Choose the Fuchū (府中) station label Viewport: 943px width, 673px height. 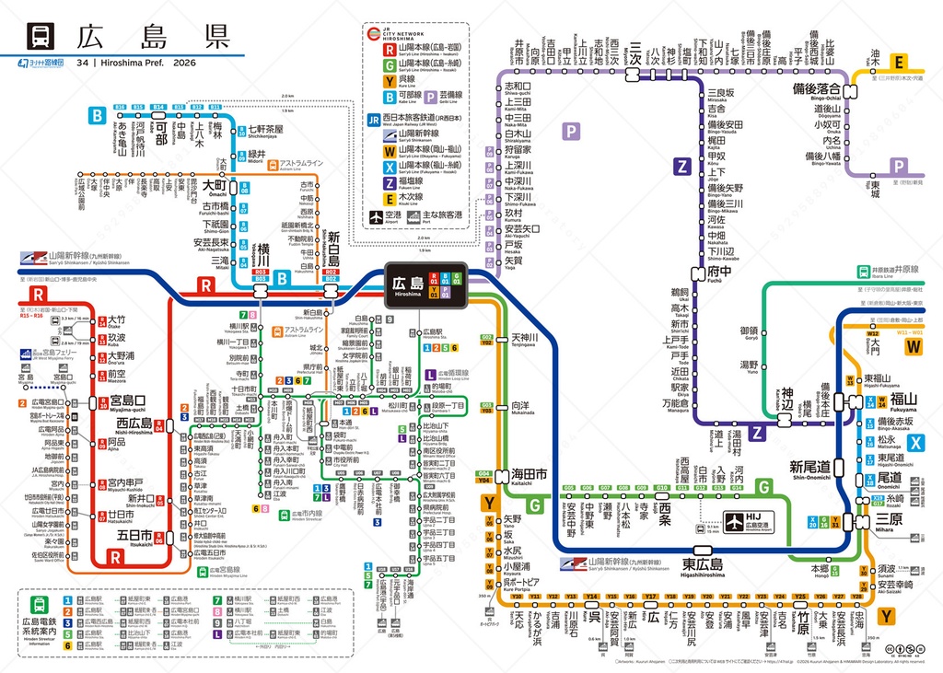[719, 273]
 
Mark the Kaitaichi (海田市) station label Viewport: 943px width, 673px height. [529, 473]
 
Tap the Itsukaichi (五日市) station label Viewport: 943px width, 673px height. [134, 536]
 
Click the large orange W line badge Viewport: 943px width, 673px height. [913, 346]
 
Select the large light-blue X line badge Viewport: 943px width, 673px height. [914, 443]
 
